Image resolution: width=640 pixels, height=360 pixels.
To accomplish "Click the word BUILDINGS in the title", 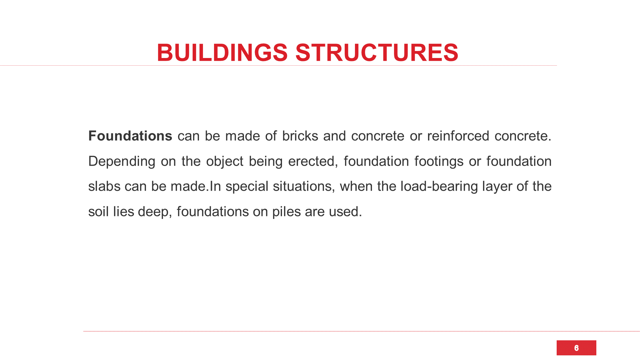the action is coord(222,53).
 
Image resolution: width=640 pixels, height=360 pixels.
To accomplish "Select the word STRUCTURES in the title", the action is coord(377,53).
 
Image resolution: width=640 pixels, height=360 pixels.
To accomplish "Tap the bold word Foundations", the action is coord(130,136).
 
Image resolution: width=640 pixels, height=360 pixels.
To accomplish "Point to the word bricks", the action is coord(300,136).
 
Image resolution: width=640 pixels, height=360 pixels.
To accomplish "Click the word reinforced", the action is coord(458,136).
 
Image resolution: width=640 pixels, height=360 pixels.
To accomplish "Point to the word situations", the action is coord(304,186).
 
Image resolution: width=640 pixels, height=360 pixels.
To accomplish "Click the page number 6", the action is coord(576,348).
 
